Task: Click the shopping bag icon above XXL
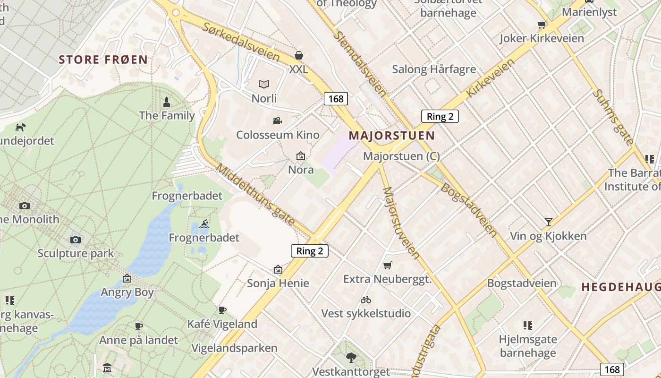[298, 55]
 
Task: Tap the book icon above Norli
[264, 85]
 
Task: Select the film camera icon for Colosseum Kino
[278, 121]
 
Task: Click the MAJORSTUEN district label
[391, 136]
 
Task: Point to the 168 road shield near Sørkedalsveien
[336, 99]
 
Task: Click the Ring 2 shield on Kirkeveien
[440, 116]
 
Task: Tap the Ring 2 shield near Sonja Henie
[309, 251]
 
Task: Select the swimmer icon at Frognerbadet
[204, 224]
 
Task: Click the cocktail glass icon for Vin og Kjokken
[548, 222]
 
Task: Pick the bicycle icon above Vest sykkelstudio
[366, 300]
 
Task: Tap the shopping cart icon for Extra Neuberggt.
[388, 266]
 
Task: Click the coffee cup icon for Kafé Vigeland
[222, 310]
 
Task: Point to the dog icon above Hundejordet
[20, 127]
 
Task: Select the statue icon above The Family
[166, 102]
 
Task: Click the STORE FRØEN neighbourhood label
[103, 60]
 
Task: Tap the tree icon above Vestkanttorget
[351, 358]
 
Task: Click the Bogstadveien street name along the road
[469, 210]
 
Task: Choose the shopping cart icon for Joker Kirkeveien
[542, 25]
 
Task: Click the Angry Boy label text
[127, 292]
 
